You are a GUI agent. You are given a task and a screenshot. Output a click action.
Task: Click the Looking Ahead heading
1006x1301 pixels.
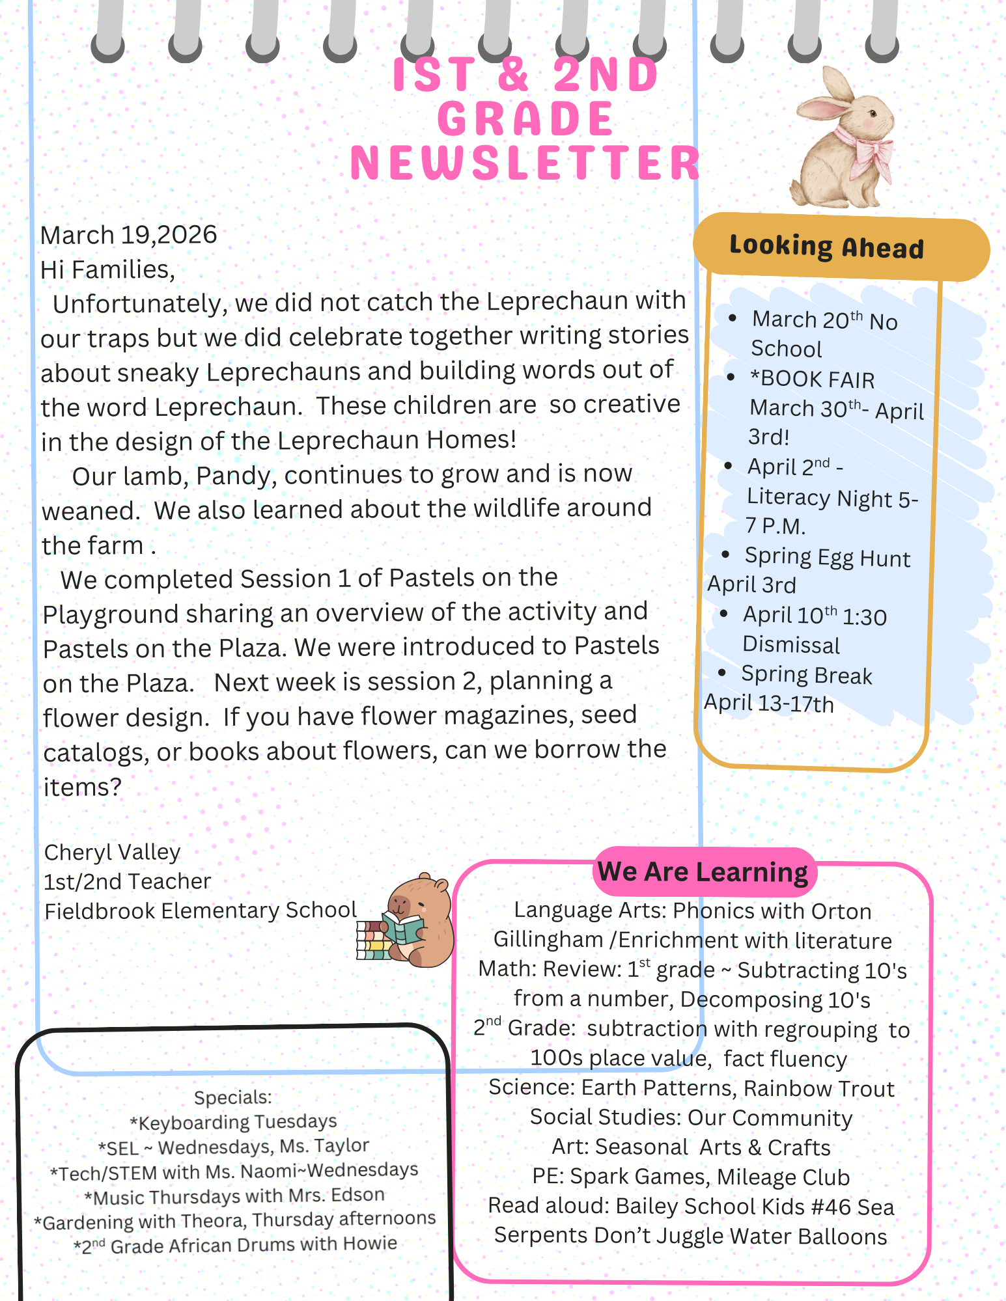[x=826, y=247]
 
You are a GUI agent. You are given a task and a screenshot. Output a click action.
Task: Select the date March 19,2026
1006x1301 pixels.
[x=128, y=235]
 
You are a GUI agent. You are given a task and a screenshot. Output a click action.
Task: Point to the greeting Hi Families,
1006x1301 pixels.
[x=107, y=269]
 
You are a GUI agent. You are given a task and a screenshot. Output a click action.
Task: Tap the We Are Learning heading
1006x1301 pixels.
[x=703, y=871]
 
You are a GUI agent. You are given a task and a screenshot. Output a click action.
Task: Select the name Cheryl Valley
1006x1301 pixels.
[x=112, y=852]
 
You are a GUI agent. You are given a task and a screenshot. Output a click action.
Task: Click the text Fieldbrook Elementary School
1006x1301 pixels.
[x=201, y=911]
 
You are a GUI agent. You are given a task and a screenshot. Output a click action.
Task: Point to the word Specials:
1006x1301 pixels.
[x=232, y=1097]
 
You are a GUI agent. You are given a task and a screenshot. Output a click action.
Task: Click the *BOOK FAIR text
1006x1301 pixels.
[x=812, y=379]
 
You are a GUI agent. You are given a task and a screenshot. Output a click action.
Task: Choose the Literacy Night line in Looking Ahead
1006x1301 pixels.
[x=831, y=498]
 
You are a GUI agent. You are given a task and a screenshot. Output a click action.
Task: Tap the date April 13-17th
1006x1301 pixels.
[x=768, y=704]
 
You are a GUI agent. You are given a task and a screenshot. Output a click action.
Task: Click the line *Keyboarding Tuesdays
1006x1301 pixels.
[x=233, y=1122]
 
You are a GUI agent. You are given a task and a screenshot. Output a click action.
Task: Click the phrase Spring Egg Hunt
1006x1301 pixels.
[x=827, y=558]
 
